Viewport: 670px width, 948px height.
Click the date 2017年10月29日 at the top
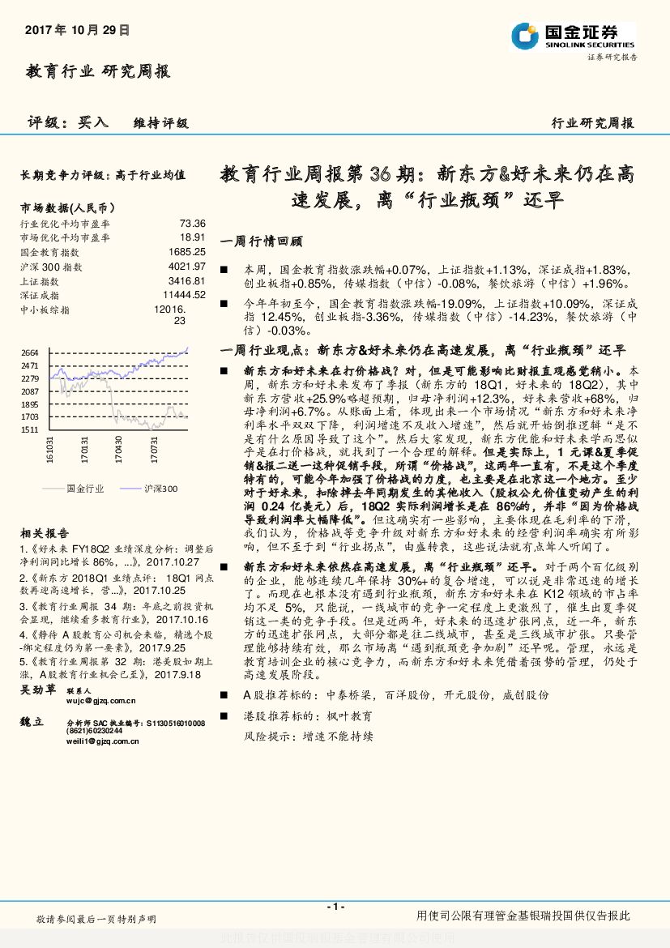coord(78,29)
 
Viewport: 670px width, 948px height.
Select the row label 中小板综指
coord(45,310)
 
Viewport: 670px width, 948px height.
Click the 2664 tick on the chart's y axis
coord(29,352)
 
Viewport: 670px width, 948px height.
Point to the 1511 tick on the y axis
coord(29,429)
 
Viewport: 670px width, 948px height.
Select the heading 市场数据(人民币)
coord(67,207)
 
